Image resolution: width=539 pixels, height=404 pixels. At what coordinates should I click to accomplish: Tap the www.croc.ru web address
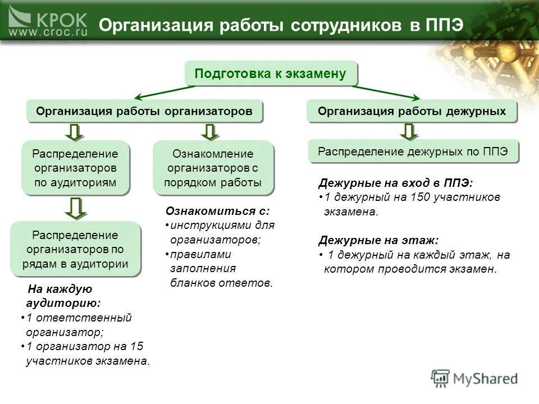(x=48, y=33)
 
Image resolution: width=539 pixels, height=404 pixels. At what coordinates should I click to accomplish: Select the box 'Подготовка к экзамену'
(x=271, y=74)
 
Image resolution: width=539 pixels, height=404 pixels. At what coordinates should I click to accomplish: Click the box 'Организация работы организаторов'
(x=144, y=111)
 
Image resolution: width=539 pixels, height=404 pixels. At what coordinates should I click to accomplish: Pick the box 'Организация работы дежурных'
(x=412, y=111)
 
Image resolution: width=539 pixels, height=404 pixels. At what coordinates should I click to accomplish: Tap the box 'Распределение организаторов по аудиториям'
(x=75, y=168)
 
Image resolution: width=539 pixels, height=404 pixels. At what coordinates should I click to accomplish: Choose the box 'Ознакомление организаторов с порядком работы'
(x=213, y=168)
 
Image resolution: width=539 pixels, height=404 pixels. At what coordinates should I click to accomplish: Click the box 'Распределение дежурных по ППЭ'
(x=413, y=151)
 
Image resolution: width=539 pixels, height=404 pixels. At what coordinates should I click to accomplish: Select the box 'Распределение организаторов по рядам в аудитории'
(x=75, y=249)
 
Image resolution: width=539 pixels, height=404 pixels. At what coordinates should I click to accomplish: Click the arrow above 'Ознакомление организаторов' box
(x=209, y=132)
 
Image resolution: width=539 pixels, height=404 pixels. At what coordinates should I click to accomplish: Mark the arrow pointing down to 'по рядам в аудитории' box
(x=75, y=208)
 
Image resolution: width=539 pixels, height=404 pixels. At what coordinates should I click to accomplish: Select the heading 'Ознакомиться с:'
(x=217, y=211)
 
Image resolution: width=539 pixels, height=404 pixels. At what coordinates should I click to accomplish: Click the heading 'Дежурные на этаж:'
(x=378, y=240)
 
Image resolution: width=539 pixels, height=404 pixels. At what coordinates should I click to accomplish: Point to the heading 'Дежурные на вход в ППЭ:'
(x=395, y=183)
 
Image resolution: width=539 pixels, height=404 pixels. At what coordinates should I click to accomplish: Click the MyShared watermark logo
(x=474, y=378)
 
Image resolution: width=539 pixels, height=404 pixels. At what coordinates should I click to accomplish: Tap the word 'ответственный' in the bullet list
(x=99, y=318)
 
